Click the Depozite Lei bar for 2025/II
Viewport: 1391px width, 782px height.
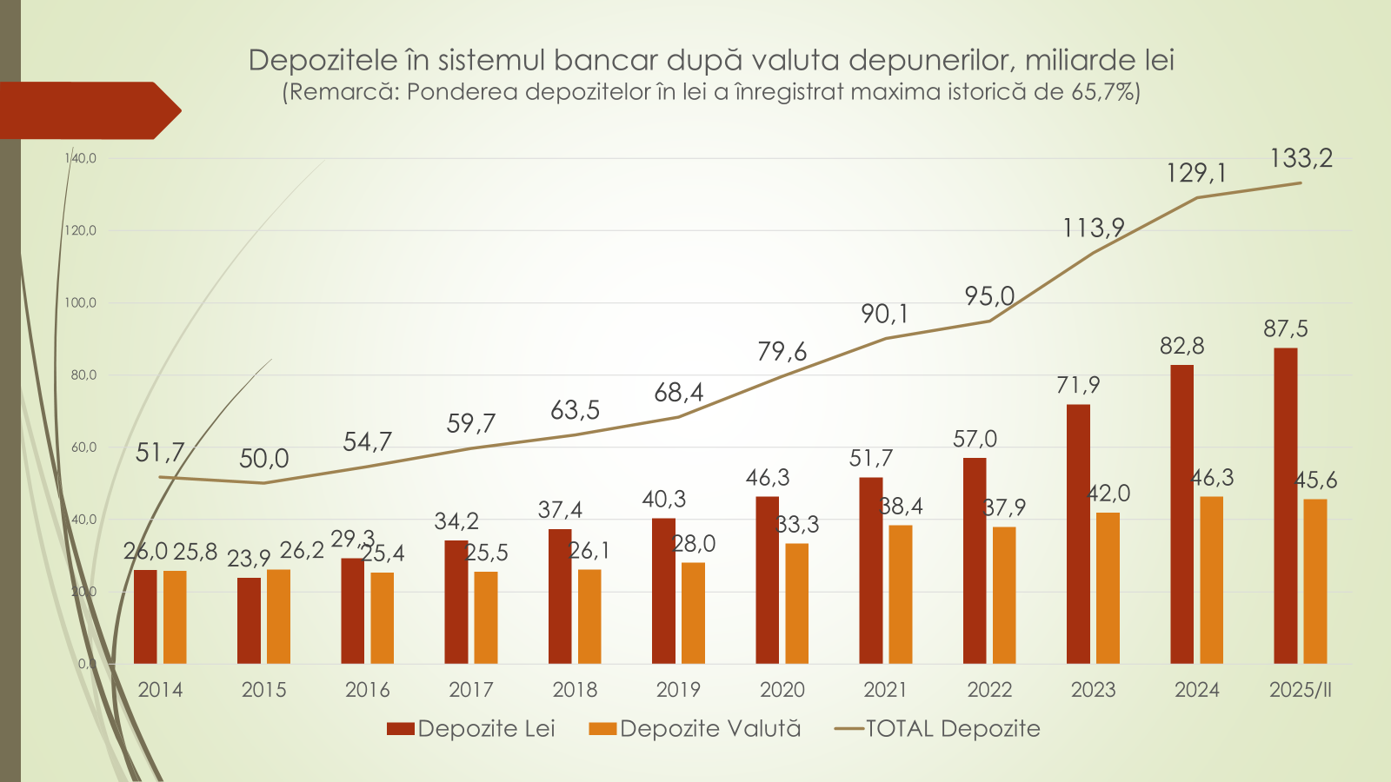[x=1285, y=506]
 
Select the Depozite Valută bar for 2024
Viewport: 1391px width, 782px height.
[x=1211, y=580]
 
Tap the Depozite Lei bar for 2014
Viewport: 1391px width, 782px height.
[x=145, y=617]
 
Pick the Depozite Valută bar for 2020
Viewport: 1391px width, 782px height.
[x=796, y=604]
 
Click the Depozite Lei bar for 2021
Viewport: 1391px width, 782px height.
[x=870, y=571]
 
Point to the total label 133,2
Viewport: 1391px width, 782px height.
[x=1301, y=158]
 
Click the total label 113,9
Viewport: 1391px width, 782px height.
[x=1093, y=228]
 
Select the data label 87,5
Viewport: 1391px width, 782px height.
[x=1285, y=328]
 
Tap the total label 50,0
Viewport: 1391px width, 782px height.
[x=263, y=459]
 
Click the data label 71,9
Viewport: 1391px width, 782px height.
[x=1078, y=385]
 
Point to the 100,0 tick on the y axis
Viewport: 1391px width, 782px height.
[x=81, y=303]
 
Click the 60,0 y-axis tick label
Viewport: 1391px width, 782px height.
[x=83, y=447]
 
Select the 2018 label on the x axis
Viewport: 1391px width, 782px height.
[x=575, y=690]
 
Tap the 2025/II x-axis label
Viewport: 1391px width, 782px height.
[x=1300, y=690]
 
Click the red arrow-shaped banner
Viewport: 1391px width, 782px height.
[x=87, y=110]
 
